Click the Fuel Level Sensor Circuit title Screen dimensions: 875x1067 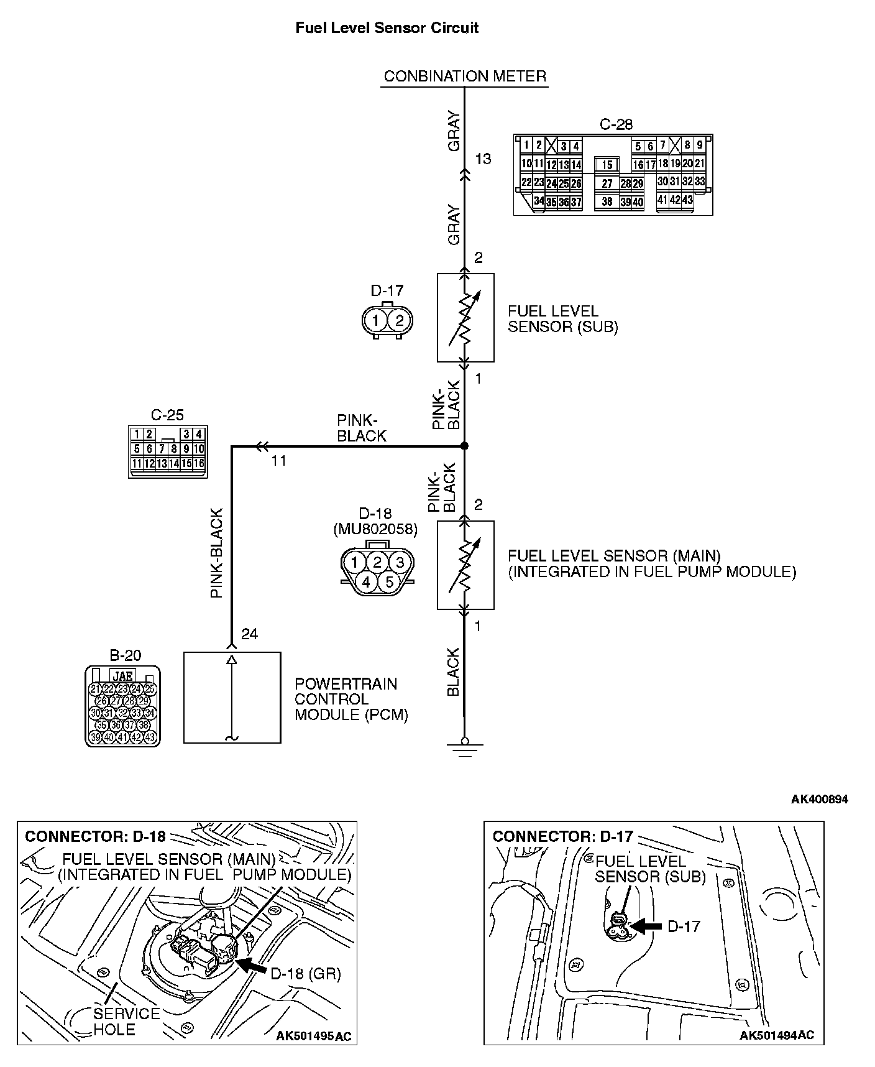[x=387, y=28]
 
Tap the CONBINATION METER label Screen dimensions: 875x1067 [x=465, y=76]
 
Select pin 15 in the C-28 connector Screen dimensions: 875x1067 [x=607, y=165]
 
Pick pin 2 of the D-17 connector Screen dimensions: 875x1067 [x=400, y=321]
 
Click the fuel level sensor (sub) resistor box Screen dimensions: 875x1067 [x=465, y=317]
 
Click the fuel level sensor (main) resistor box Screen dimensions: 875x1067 [x=465, y=565]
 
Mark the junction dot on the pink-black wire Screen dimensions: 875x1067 [x=464, y=446]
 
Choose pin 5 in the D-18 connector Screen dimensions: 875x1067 [x=389, y=582]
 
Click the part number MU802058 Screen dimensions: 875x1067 [x=375, y=529]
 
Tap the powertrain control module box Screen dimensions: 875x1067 [x=232, y=697]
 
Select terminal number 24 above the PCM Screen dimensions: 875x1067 [x=249, y=634]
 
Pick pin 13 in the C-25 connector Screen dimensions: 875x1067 [x=162, y=463]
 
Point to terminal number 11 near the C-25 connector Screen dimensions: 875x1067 [x=279, y=461]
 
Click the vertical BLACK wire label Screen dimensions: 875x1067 [x=453, y=672]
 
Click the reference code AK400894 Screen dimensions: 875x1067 [x=819, y=799]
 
